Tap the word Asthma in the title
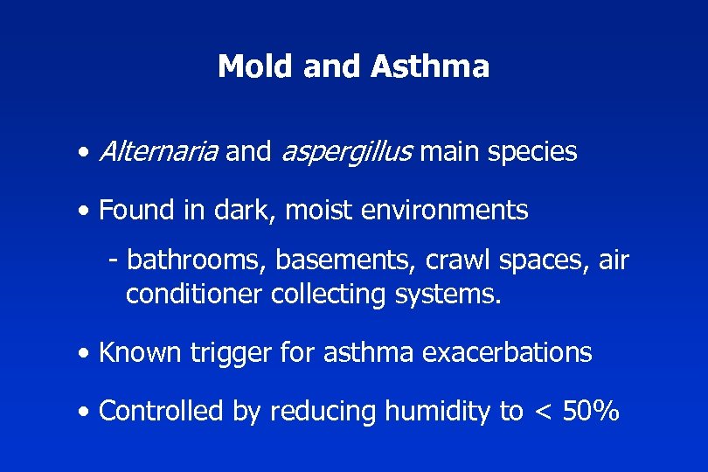tap(443, 66)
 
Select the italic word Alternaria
tap(158, 152)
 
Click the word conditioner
tap(193, 295)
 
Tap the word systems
tap(450, 295)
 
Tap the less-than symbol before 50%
tap(543, 411)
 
